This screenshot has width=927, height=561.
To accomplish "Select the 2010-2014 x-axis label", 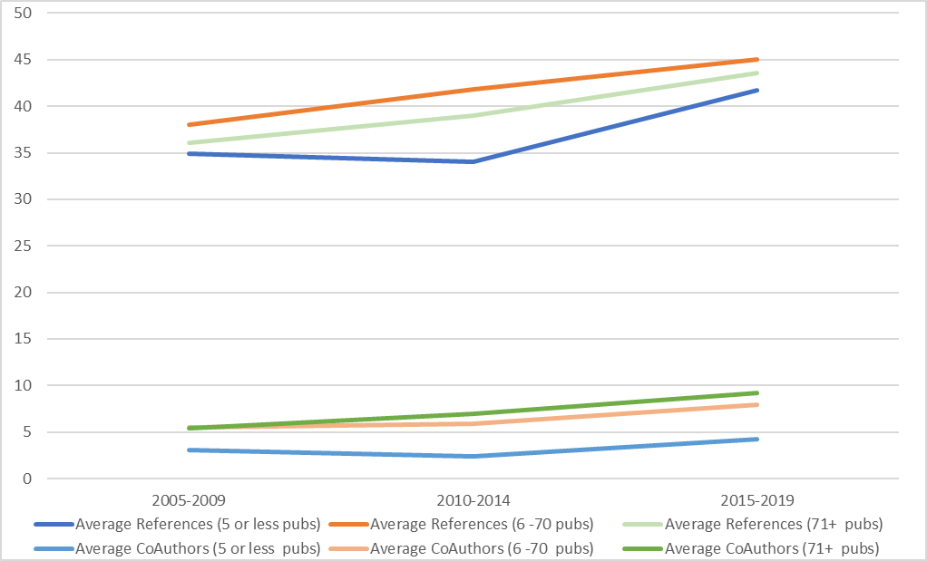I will coord(473,500).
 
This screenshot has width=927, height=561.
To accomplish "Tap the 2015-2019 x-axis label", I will coord(757,500).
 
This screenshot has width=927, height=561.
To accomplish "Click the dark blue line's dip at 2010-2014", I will coord(473,161).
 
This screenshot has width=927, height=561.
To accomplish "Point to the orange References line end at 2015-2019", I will coord(756,60).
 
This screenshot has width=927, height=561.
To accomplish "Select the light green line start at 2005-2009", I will coord(190,142).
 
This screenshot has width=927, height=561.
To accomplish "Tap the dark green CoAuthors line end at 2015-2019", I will coord(756,392).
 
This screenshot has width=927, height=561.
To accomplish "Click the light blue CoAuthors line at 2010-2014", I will coord(473,456).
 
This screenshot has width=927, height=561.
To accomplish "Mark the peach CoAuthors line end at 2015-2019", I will coord(756,404).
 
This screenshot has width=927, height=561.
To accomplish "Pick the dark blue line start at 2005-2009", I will coord(190,153).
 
